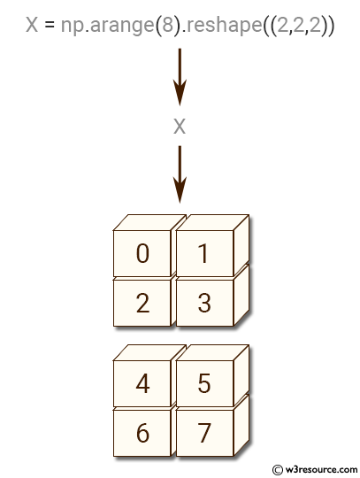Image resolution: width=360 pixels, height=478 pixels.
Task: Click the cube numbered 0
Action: pos(142,253)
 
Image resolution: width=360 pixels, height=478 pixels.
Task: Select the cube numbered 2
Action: pos(142,303)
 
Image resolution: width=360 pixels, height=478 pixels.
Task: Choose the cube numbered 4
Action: pos(142,383)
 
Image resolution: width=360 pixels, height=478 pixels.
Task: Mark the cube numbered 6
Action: pos(142,433)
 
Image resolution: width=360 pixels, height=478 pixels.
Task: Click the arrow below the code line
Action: pos(180,77)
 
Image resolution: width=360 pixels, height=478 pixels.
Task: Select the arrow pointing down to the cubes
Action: pos(180,174)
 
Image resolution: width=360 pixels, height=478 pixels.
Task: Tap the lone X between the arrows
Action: pos(180,127)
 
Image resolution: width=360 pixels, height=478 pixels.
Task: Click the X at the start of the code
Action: pos(32,25)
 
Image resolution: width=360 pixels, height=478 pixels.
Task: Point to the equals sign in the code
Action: pos(50,25)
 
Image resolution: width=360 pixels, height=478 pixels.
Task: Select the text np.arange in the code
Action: pos(108,26)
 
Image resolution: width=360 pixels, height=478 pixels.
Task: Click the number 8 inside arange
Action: pos(168,25)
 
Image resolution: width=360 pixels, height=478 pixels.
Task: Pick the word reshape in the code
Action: pos(224,26)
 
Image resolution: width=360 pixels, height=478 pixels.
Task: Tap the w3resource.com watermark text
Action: pos(321,469)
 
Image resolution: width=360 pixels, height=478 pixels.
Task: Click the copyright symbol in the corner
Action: pos(278,470)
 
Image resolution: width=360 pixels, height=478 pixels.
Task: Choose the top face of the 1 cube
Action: pos(212,222)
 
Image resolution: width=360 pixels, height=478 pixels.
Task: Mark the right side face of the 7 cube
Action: pos(241,426)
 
